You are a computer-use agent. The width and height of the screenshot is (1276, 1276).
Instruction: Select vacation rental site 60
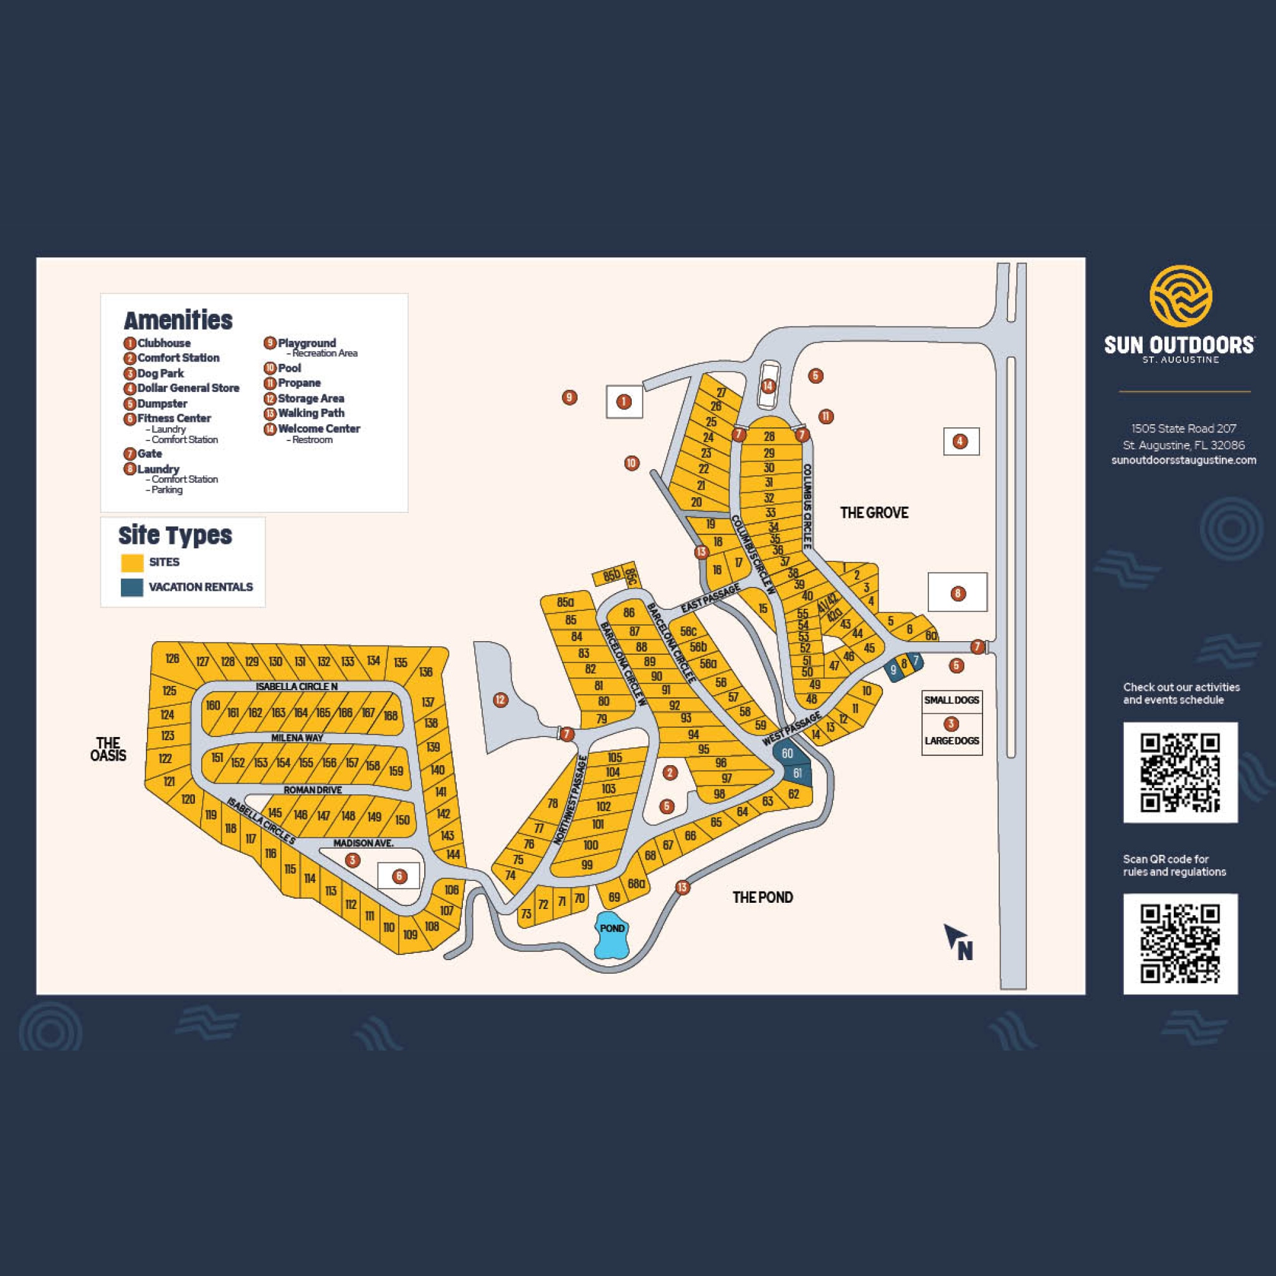[x=787, y=754]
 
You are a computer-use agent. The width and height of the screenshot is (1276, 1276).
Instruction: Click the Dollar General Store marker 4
[x=960, y=441]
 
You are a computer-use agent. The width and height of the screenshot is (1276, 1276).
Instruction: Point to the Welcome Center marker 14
[x=768, y=386]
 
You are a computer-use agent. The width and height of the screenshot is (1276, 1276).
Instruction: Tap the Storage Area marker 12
[x=501, y=700]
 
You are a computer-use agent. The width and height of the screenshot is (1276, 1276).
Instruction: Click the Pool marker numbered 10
[x=631, y=463]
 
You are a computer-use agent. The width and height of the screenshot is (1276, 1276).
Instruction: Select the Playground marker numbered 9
[x=569, y=398]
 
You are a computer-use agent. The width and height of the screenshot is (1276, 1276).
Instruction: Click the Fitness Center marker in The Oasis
[x=399, y=877]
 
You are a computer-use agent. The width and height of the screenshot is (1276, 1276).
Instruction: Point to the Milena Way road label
[x=297, y=738]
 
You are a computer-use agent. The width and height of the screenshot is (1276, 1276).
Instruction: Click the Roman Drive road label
[x=312, y=790]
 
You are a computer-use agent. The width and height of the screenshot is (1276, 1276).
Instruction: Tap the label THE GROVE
[x=874, y=513]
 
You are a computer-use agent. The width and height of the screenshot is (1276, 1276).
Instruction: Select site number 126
[x=173, y=658]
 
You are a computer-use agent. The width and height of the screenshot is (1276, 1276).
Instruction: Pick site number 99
[x=586, y=865]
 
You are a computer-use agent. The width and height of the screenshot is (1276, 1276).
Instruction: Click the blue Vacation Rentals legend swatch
[x=132, y=587]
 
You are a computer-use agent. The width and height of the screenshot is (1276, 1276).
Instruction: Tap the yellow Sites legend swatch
[x=132, y=563]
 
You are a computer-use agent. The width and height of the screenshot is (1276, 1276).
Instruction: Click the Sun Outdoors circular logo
[x=1180, y=297]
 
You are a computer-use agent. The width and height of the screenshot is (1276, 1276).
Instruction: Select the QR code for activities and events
[x=1180, y=772]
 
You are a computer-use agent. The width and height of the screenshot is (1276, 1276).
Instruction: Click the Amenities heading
[x=178, y=320]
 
